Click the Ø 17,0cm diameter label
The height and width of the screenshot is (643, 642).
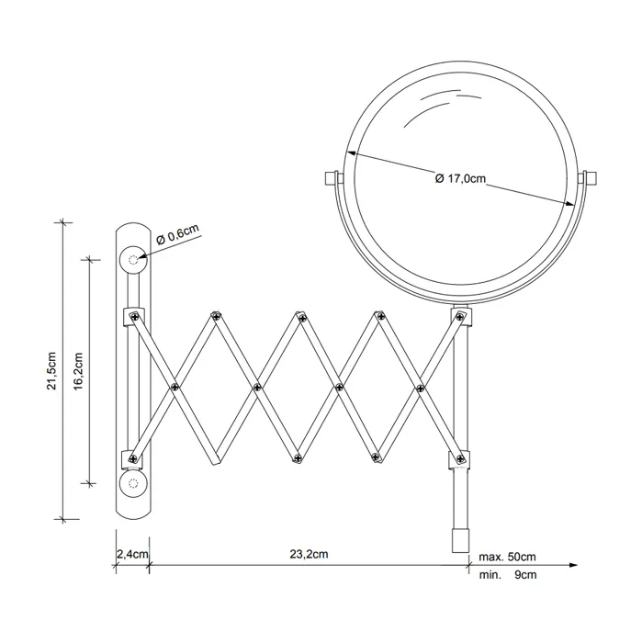(460, 179)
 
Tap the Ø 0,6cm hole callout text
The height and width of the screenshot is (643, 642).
(177, 234)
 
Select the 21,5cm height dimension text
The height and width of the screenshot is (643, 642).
(52, 370)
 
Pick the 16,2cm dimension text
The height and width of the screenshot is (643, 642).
(78, 371)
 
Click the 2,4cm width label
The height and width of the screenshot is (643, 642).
(132, 555)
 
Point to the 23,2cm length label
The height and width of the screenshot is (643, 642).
(310, 554)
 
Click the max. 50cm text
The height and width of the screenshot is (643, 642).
(508, 557)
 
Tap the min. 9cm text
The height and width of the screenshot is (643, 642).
(508, 575)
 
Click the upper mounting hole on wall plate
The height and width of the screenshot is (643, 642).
(133, 260)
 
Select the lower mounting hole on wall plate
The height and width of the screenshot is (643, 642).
(133, 484)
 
